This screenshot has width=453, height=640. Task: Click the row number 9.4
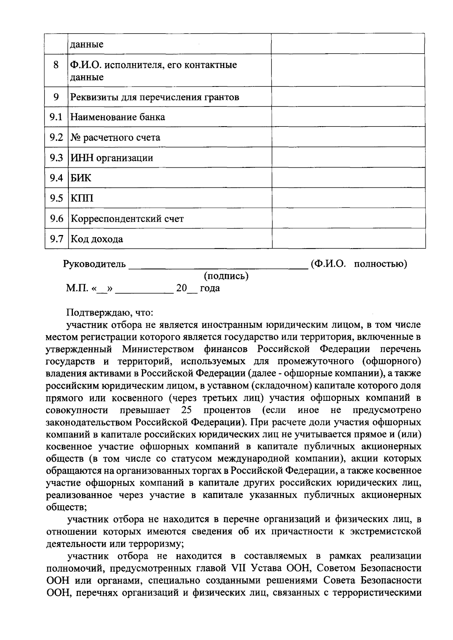tap(56, 178)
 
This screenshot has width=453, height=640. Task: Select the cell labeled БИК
tap(81, 178)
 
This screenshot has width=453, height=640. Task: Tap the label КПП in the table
tap(82, 199)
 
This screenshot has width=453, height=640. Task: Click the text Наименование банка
tap(118, 117)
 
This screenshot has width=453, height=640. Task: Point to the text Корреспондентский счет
tap(128, 219)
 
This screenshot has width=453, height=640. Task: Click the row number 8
tap(56, 65)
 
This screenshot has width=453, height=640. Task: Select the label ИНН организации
tap(112, 158)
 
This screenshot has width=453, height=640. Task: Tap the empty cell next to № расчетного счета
tap(348, 138)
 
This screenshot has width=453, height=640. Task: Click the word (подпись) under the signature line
tap(226, 277)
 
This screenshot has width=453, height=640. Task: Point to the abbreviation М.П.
tap(77, 289)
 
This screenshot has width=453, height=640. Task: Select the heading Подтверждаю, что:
tap(110, 313)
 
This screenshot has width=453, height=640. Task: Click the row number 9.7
tap(56, 239)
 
